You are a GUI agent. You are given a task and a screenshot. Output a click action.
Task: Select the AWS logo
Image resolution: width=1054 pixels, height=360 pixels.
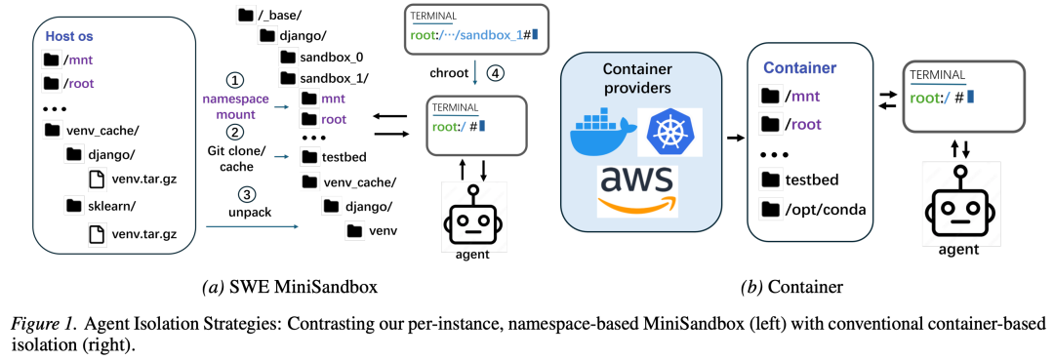click(x=636, y=190)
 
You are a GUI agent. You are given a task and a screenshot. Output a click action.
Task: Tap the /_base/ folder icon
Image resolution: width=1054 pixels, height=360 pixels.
click(x=246, y=14)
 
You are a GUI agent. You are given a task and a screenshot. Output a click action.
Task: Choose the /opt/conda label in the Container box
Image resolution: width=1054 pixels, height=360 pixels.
click(x=823, y=210)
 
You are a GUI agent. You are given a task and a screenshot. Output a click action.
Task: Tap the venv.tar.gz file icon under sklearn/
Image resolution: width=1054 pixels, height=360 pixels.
click(x=99, y=234)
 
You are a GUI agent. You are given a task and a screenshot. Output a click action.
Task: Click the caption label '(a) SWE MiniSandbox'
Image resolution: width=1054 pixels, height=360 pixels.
click(x=290, y=288)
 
